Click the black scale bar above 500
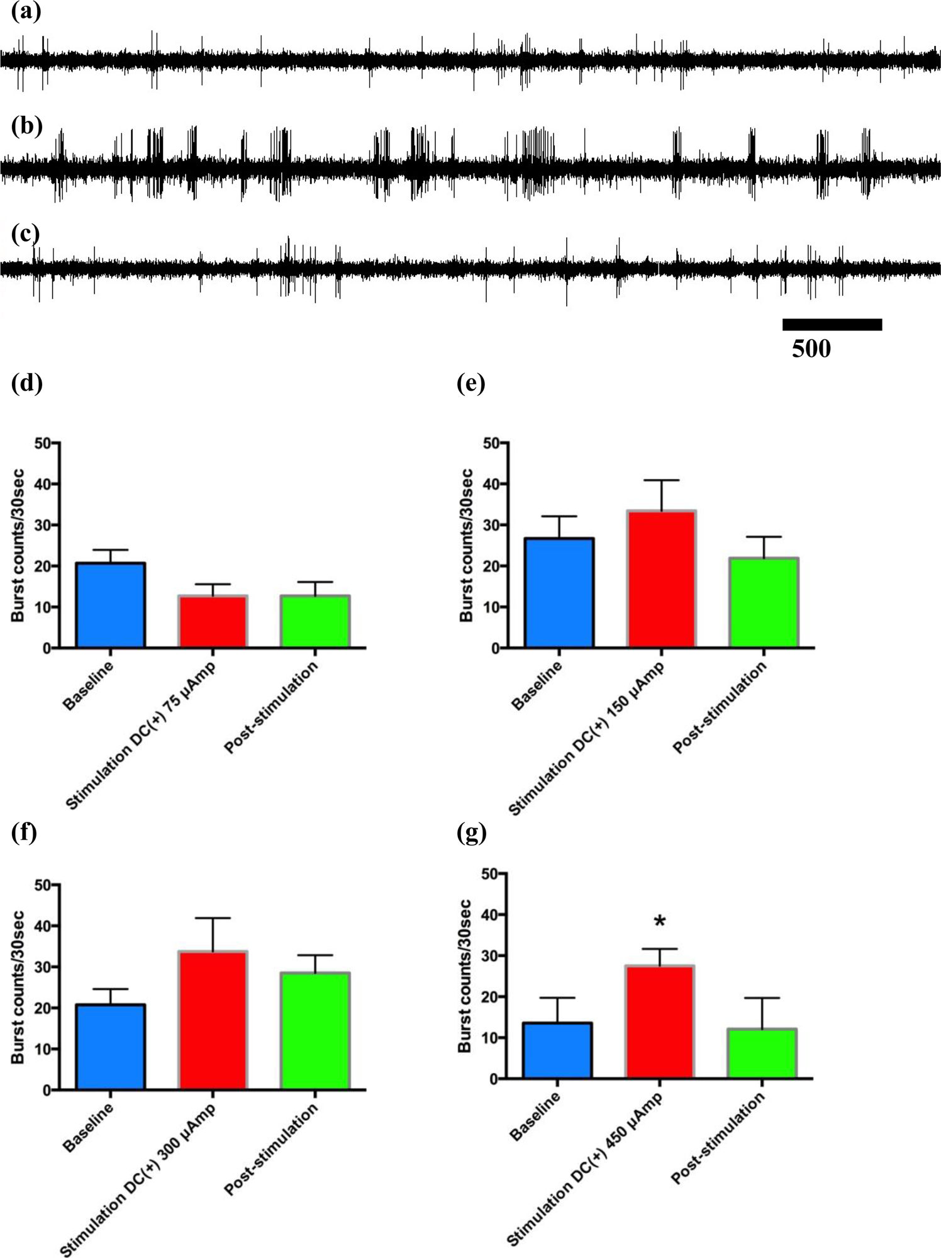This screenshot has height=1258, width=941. point(832,325)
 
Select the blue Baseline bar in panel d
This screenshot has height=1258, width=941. point(111,605)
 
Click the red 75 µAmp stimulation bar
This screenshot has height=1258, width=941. point(213,621)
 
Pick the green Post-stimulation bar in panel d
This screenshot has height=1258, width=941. point(315,621)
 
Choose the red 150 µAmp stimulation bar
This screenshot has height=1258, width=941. point(661,579)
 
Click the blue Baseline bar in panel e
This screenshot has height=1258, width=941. point(559,593)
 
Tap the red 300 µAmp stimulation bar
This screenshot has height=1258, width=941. point(213,1020)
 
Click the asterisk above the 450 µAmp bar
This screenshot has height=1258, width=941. point(659,923)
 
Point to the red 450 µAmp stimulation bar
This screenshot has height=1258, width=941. point(659,1022)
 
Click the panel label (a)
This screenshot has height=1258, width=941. point(26,13)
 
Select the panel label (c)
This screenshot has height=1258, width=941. point(26,233)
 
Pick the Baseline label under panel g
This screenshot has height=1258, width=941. point(535,1116)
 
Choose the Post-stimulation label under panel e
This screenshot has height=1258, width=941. point(720,708)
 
